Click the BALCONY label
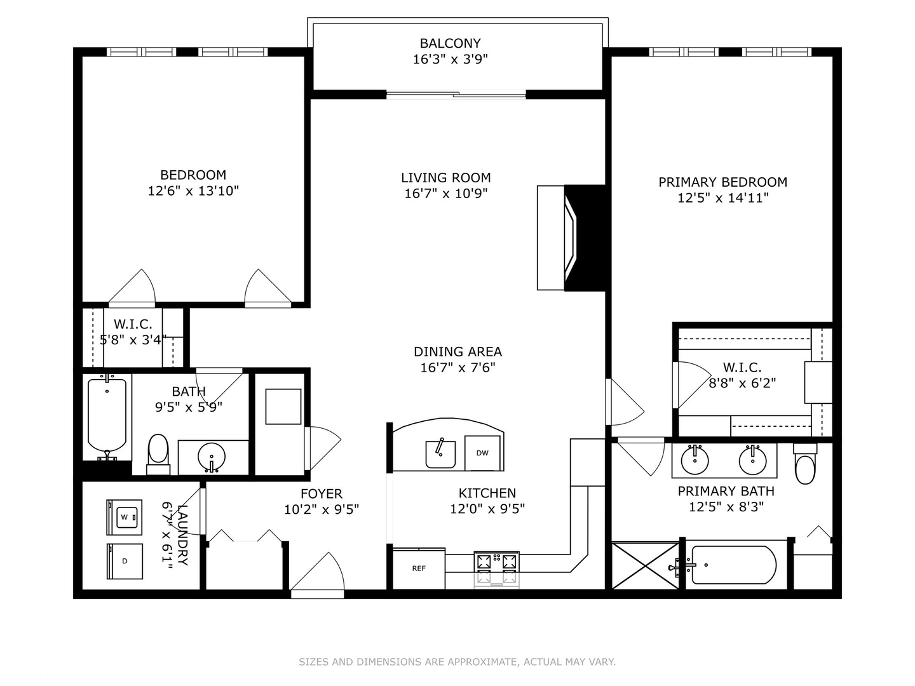click(450, 44)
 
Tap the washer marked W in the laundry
click(125, 517)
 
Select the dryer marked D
click(125, 561)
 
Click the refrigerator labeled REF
click(418, 568)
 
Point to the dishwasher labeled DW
click(482, 453)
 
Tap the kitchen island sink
click(440, 454)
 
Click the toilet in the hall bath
click(158, 454)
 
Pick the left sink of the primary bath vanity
click(695, 460)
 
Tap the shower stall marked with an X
click(646, 565)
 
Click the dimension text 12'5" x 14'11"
click(722, 198)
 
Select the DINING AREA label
click(457, 352)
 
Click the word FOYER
click(322, 494)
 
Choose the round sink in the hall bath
click(211, 456)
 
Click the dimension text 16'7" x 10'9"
click(445, 193)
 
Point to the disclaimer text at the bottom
click(457, 662)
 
